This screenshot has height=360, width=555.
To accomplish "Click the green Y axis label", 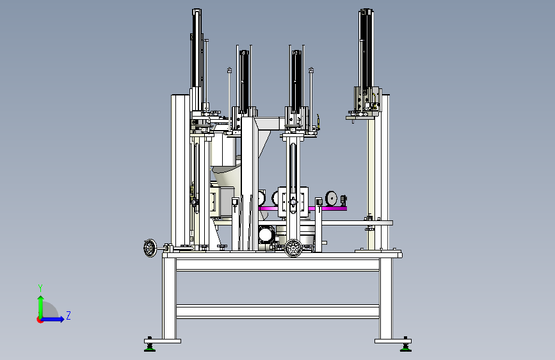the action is (40, 288).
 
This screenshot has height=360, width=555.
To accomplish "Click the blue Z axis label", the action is (68, 315).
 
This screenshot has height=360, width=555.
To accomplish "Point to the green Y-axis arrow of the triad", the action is (41, 307).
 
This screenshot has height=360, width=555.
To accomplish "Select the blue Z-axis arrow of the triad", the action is (52, 319).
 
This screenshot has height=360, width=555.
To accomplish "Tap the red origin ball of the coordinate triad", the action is (40, 320).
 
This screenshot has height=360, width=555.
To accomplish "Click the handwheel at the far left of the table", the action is (150, 248).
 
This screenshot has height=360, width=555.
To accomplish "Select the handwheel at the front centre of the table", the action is (293, 248).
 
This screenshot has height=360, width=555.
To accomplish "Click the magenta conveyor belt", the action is (303, 208).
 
